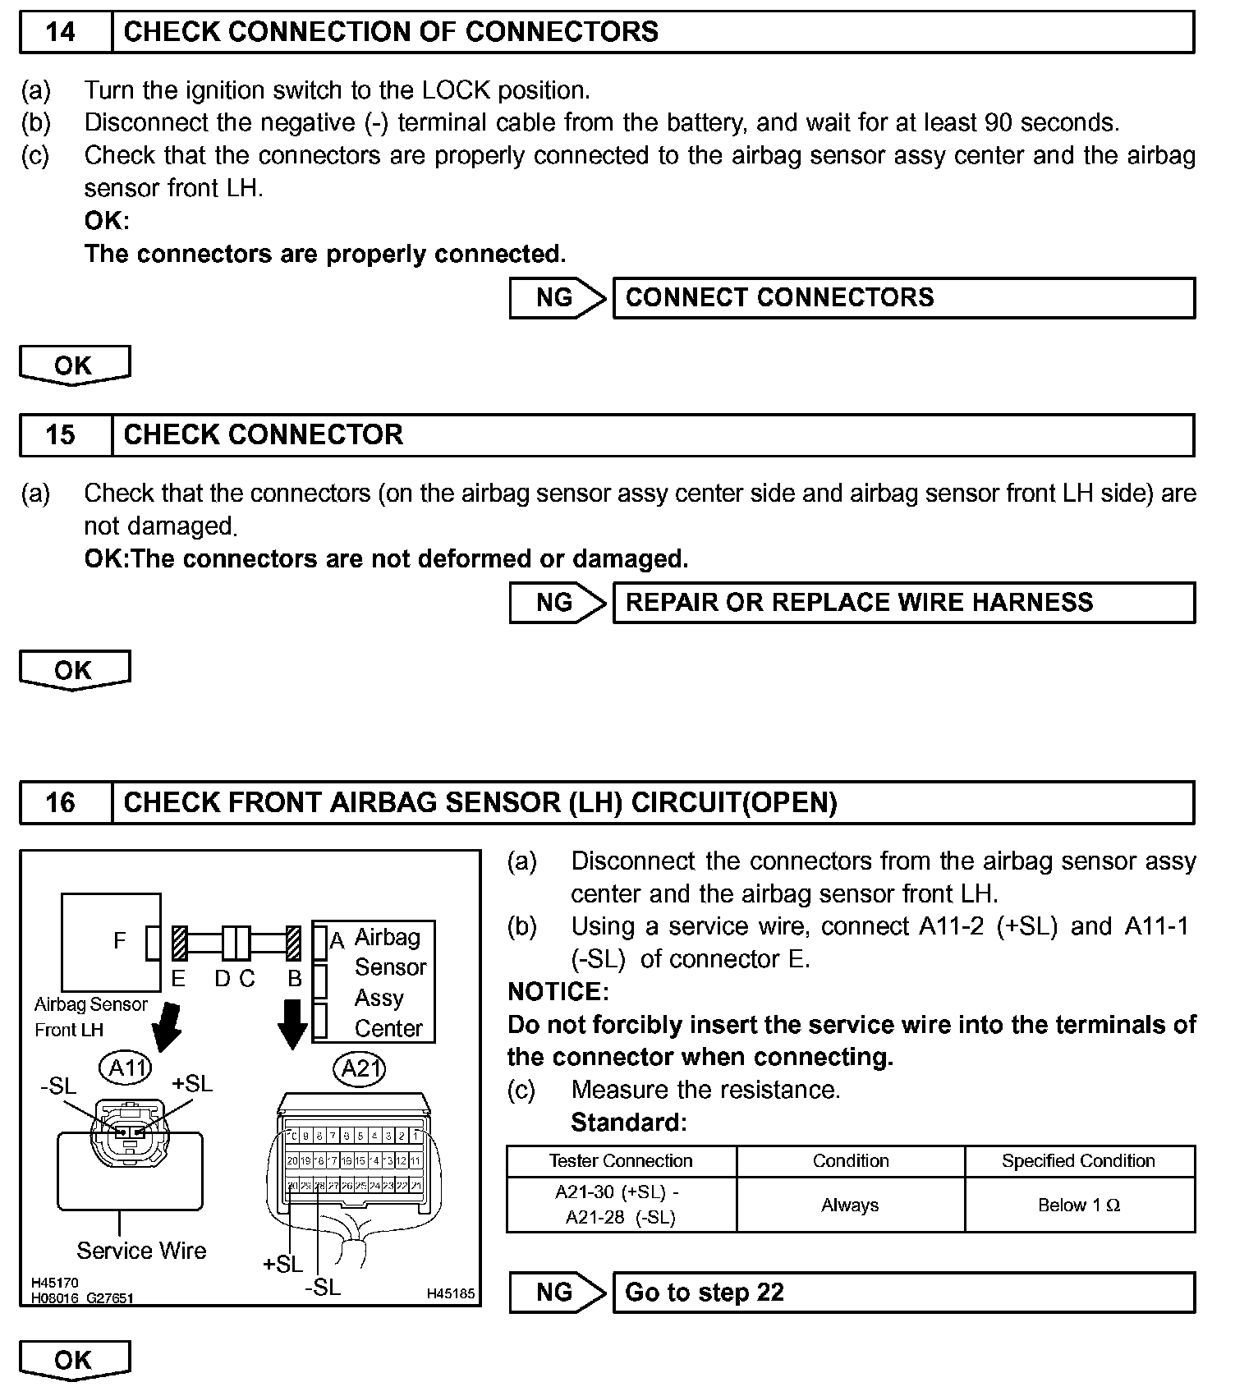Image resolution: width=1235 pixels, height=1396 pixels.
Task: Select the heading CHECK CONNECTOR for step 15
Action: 263,434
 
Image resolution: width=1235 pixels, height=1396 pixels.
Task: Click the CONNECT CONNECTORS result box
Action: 903,297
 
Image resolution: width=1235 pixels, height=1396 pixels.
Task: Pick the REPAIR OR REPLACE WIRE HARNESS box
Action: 903,603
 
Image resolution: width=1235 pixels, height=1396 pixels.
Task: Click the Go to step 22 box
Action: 903,1293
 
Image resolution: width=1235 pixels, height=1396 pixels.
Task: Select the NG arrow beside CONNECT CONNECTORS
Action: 556,297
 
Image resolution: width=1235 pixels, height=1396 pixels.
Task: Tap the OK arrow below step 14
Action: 74,365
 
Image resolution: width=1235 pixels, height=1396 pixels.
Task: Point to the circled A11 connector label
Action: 127,1068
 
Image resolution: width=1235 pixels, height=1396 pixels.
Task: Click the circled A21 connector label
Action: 360,1068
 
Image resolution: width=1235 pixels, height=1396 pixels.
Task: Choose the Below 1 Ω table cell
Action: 1079,1205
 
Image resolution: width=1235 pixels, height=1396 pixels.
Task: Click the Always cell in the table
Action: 850,1205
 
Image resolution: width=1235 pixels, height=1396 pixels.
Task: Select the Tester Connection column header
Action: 621,1161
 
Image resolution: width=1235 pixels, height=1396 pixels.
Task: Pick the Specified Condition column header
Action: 1079,1161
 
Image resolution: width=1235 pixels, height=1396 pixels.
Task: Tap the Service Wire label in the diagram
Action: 141,1251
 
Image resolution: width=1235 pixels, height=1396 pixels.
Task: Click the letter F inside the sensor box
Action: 120,941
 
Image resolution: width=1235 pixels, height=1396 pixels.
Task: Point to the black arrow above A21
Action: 292,1022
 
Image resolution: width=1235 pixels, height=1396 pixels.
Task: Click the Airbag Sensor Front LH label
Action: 90,1017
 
